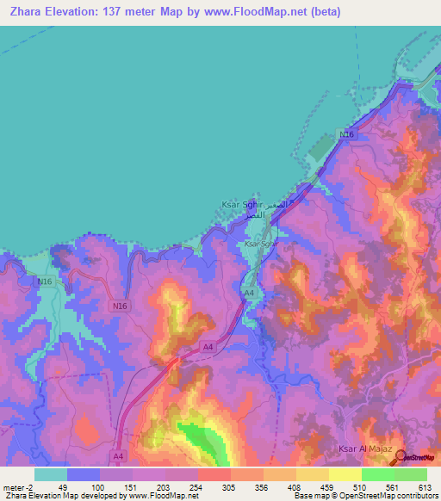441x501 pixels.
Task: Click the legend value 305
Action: coord(230,487)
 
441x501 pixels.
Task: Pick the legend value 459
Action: coord(328,487)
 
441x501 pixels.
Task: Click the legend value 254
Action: coord(197,487)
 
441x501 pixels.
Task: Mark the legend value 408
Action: coord(295,487)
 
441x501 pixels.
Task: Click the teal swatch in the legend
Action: coord(51,474)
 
